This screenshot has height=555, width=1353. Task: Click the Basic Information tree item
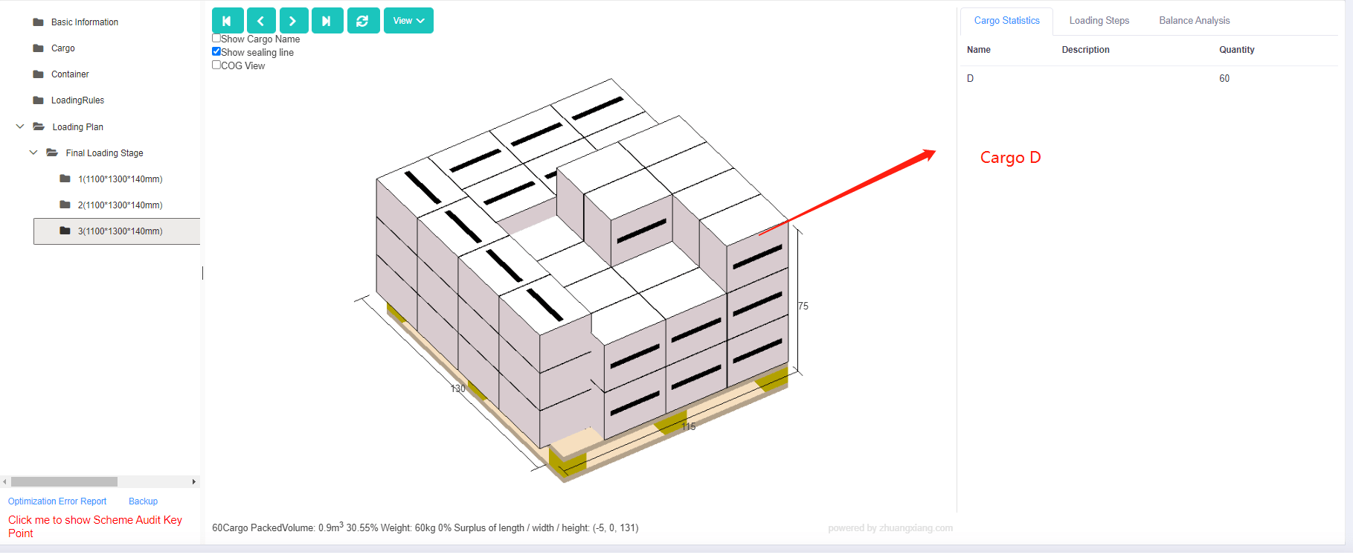[84, 22]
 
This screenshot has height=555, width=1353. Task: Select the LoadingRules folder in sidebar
[77, 100]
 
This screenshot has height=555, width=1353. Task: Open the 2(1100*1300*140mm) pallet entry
[120, 205]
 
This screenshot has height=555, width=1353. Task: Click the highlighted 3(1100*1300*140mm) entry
[120, 231]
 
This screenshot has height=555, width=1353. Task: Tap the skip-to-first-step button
[227, 21]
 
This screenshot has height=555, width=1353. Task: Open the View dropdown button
[408, 21]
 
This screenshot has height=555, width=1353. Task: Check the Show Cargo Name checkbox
[216, 39]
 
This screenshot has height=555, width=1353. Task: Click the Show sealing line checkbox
[216, 52]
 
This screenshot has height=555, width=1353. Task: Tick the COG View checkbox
[216, 65]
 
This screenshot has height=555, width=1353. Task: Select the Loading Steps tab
[1099, 21]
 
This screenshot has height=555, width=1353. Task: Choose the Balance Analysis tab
[1194, 21]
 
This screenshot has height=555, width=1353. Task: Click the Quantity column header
[1236, 50]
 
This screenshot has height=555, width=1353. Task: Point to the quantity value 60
[1224, 79]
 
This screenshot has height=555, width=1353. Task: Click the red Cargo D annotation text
[1010, 158]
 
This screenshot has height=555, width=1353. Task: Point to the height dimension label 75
[803, 307]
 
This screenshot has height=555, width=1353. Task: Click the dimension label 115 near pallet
[689, 427]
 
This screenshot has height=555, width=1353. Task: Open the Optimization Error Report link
[57, 502]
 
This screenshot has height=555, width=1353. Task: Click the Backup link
[143, 502]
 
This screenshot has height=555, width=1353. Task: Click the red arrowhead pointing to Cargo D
[929, 154]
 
